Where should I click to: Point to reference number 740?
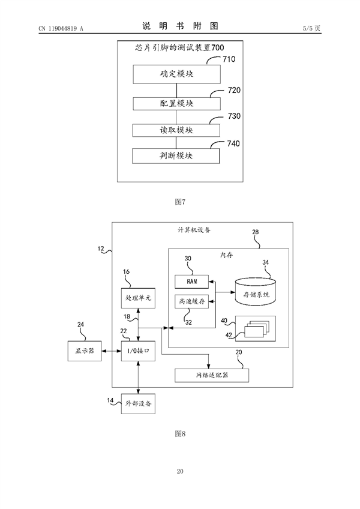tap(230, 144)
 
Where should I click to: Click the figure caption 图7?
tap(180, 201)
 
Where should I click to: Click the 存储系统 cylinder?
tap(256, 291)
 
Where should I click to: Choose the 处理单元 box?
tap(138, 297)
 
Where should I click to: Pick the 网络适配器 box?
tap(211, 375)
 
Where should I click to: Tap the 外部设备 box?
tap(138, 403)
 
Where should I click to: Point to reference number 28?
tap(255, 232)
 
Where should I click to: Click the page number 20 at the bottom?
tap(180, 472)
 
